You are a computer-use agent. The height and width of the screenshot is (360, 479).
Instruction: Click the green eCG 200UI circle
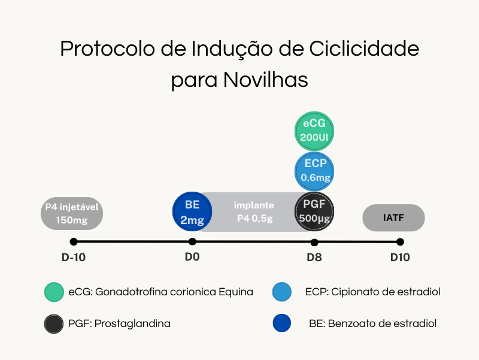pyautogui.click(x=314, y=131)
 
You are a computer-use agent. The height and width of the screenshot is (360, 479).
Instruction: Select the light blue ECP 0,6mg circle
pyautogui.click(x=314, y=171)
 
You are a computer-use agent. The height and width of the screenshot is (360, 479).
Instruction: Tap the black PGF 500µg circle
pyautogui.click(x=314, y=211)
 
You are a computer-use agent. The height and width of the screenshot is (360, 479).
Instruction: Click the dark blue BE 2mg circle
pyautogui.click(x=192, y=211)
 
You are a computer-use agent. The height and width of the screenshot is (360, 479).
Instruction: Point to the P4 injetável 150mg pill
pyautogui.click(x=72, y=213)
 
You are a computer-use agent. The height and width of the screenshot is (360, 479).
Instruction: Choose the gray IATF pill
pyautogui.click(x=393, y=217)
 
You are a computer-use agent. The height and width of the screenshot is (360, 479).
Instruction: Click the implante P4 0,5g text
pyautogui.click(x=254, y=211)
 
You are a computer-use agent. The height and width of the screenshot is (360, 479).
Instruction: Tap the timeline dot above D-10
pyautogui.click(x=74, y=242)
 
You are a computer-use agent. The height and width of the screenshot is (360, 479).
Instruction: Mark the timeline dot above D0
pyautogui.click(x=192, y=242)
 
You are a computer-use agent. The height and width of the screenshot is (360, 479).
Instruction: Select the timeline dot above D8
pyautogui.click(x=314, y=243)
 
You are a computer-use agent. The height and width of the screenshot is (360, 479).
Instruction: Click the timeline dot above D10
pyautogui.click(x=400, y=242)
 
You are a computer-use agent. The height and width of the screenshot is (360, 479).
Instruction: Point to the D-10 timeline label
pyautogui.click(x=74, y=258)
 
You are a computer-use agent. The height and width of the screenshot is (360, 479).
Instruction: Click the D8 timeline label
pyautogui.click(x=314, y=258)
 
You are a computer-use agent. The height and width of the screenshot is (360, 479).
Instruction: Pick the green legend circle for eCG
pyautogui.click(x=54, y=292)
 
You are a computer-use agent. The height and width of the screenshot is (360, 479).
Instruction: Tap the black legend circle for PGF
pyautogui.click(x=54, y=324)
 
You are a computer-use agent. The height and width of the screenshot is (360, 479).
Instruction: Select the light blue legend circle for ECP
pyautogui.click(x=282, y=292)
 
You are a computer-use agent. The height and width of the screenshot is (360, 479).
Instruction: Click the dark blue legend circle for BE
pyautogui.click(x=282, y=323)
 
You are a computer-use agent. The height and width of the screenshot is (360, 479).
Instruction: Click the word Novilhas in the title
pyautogui.click(x=265, y=80)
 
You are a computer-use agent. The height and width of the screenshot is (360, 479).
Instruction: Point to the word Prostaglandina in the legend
pyautogui.click(x=132, y=323)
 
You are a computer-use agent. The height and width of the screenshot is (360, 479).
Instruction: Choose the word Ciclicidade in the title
pyautogui.click(x=364, y=49)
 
